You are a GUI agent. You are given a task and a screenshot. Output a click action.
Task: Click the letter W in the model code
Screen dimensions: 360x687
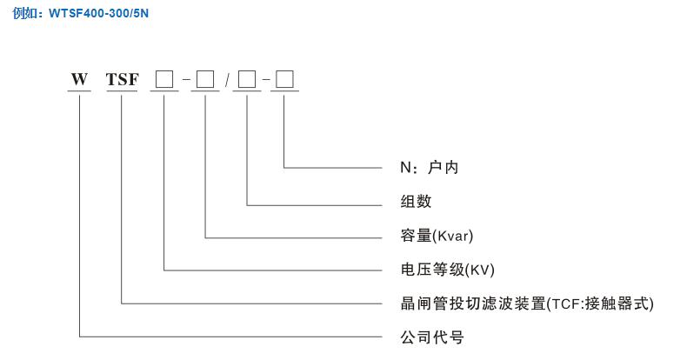79,80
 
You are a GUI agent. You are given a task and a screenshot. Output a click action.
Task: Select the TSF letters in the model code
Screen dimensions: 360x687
121,80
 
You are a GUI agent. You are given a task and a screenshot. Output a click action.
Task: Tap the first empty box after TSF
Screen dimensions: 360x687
163,80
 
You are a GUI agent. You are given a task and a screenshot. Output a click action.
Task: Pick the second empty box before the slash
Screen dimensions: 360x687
205,80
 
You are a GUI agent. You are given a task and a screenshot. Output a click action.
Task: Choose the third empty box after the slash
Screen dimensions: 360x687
247,80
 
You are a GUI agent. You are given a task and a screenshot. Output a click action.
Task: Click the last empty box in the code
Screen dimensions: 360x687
285,80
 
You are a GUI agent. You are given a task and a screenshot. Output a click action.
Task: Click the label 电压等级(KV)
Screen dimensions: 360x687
441,269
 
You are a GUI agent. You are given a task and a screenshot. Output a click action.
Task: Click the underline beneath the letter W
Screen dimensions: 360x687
79,90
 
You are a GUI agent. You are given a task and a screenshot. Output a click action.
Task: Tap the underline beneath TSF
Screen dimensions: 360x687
121,90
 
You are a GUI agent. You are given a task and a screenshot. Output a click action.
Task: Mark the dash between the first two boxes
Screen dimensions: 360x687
184,81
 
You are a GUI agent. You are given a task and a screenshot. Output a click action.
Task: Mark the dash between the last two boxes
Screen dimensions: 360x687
266,81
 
